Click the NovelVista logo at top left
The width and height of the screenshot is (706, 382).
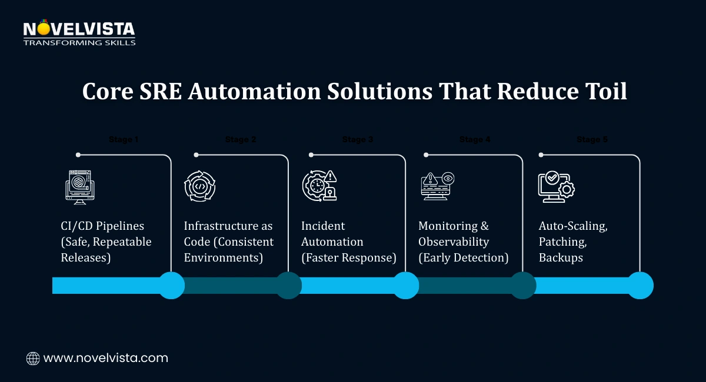click(x=79, y=33)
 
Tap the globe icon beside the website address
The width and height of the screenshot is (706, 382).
click(x=33, y=358)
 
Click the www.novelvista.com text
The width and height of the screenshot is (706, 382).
click(x=106, y=358)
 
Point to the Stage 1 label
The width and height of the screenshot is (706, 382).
click(x=124, y=140)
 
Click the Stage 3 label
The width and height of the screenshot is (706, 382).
click(x=358, y=140)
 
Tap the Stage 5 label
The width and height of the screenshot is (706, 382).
click(x=592, y=140)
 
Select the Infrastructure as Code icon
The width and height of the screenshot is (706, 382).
click(x=199, y=186)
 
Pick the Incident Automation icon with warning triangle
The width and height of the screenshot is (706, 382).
click(x=319, y=186)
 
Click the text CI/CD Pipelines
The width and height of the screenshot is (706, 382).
click(x=102, y=226)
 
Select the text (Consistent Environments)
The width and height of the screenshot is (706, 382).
click(x=228, y=250)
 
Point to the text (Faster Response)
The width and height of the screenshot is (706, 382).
click(x=349, y=257)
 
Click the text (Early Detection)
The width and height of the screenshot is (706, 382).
click(x=463, y=257)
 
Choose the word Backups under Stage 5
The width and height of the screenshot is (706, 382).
click(x=561, y=257)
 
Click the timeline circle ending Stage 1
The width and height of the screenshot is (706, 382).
click(x=172, y=286)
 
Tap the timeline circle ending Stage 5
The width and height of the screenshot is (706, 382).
click(x=640, y=286)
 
